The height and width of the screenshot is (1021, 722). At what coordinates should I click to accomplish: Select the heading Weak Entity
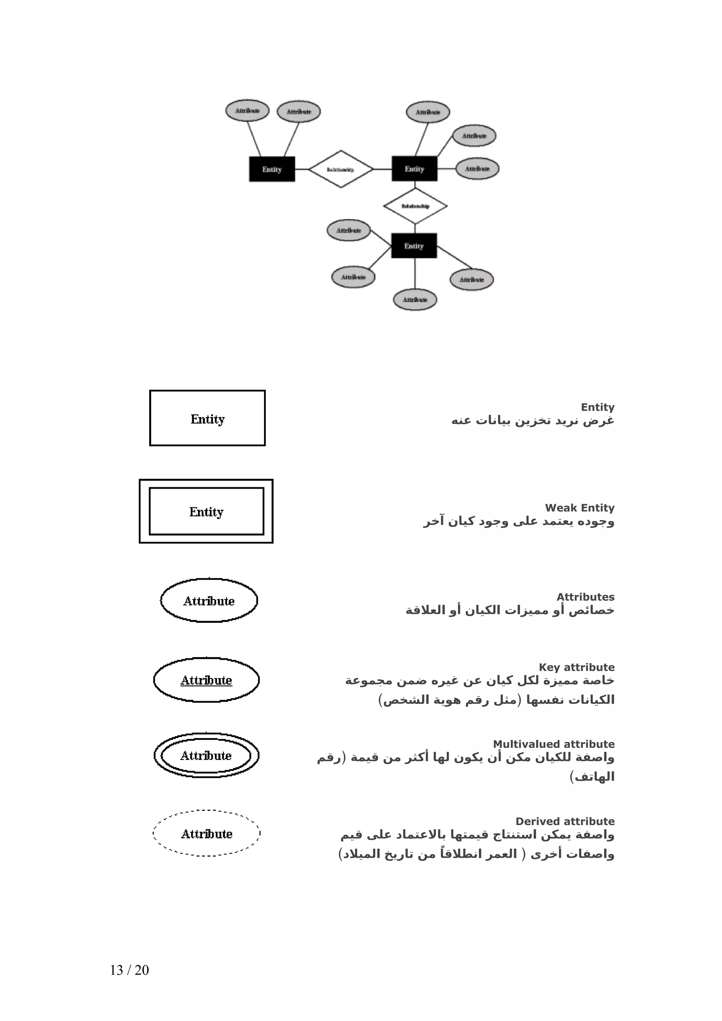point(579,508)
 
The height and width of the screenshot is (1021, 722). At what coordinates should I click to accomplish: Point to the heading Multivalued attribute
point(553,744)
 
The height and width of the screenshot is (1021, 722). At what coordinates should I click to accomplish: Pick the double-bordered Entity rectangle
point(206,512)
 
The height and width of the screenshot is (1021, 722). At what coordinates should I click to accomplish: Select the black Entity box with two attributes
point(272,169)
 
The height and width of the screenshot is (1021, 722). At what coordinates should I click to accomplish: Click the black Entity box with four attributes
point(414,246)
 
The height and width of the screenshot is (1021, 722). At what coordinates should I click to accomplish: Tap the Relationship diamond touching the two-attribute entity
point(341,169)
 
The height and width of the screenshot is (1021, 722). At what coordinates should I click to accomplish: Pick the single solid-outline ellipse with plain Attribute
point(209,601)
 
